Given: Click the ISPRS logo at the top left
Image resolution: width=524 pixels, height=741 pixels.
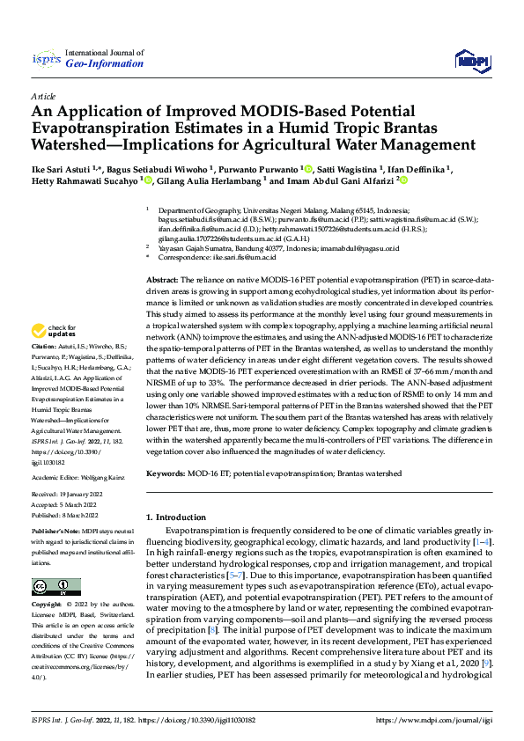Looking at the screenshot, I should click(x=46, y=60).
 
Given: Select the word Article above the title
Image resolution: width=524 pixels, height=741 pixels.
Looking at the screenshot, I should click(x=43, y=96).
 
